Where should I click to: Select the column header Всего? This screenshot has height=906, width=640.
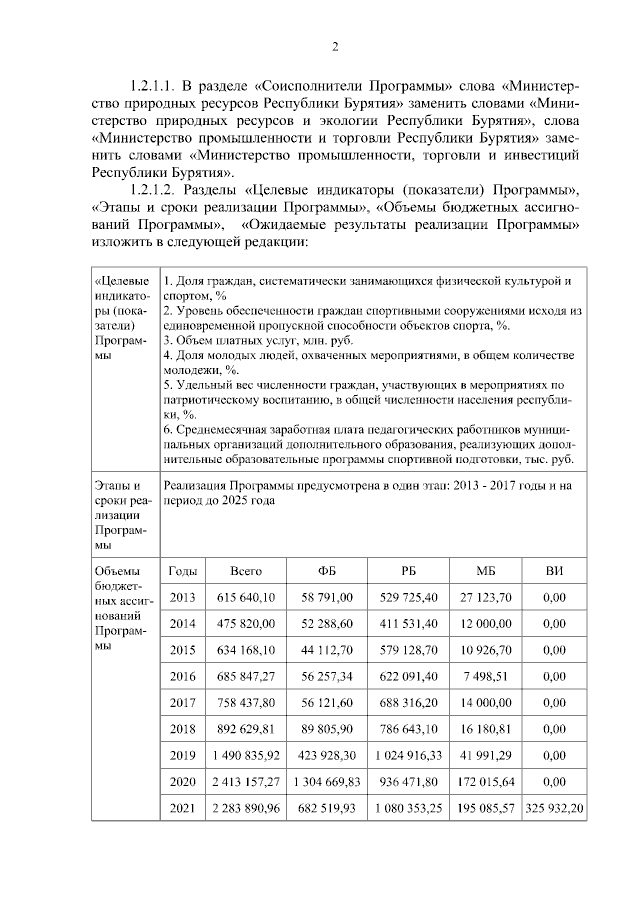(x=246, y=570)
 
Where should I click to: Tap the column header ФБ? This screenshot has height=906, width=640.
(x=327, y=570)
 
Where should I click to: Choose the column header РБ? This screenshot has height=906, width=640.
(x=408, y=570)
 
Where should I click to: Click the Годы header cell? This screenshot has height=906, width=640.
(x=182, y=570)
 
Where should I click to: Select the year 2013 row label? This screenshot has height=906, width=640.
(x=182, y=597)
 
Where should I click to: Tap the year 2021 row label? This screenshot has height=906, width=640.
(x=182, y=807)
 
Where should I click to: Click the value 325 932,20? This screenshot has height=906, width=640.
(x=553, y=807)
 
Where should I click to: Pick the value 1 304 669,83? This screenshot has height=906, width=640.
(x=327, y=781)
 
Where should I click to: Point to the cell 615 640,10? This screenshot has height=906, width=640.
(x=246, y=597)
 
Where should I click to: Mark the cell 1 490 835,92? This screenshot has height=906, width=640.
(x=246, y=755)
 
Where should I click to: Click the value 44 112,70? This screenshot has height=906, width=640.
(x=327, y=650)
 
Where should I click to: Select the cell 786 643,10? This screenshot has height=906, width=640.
(x=408, y=729)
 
